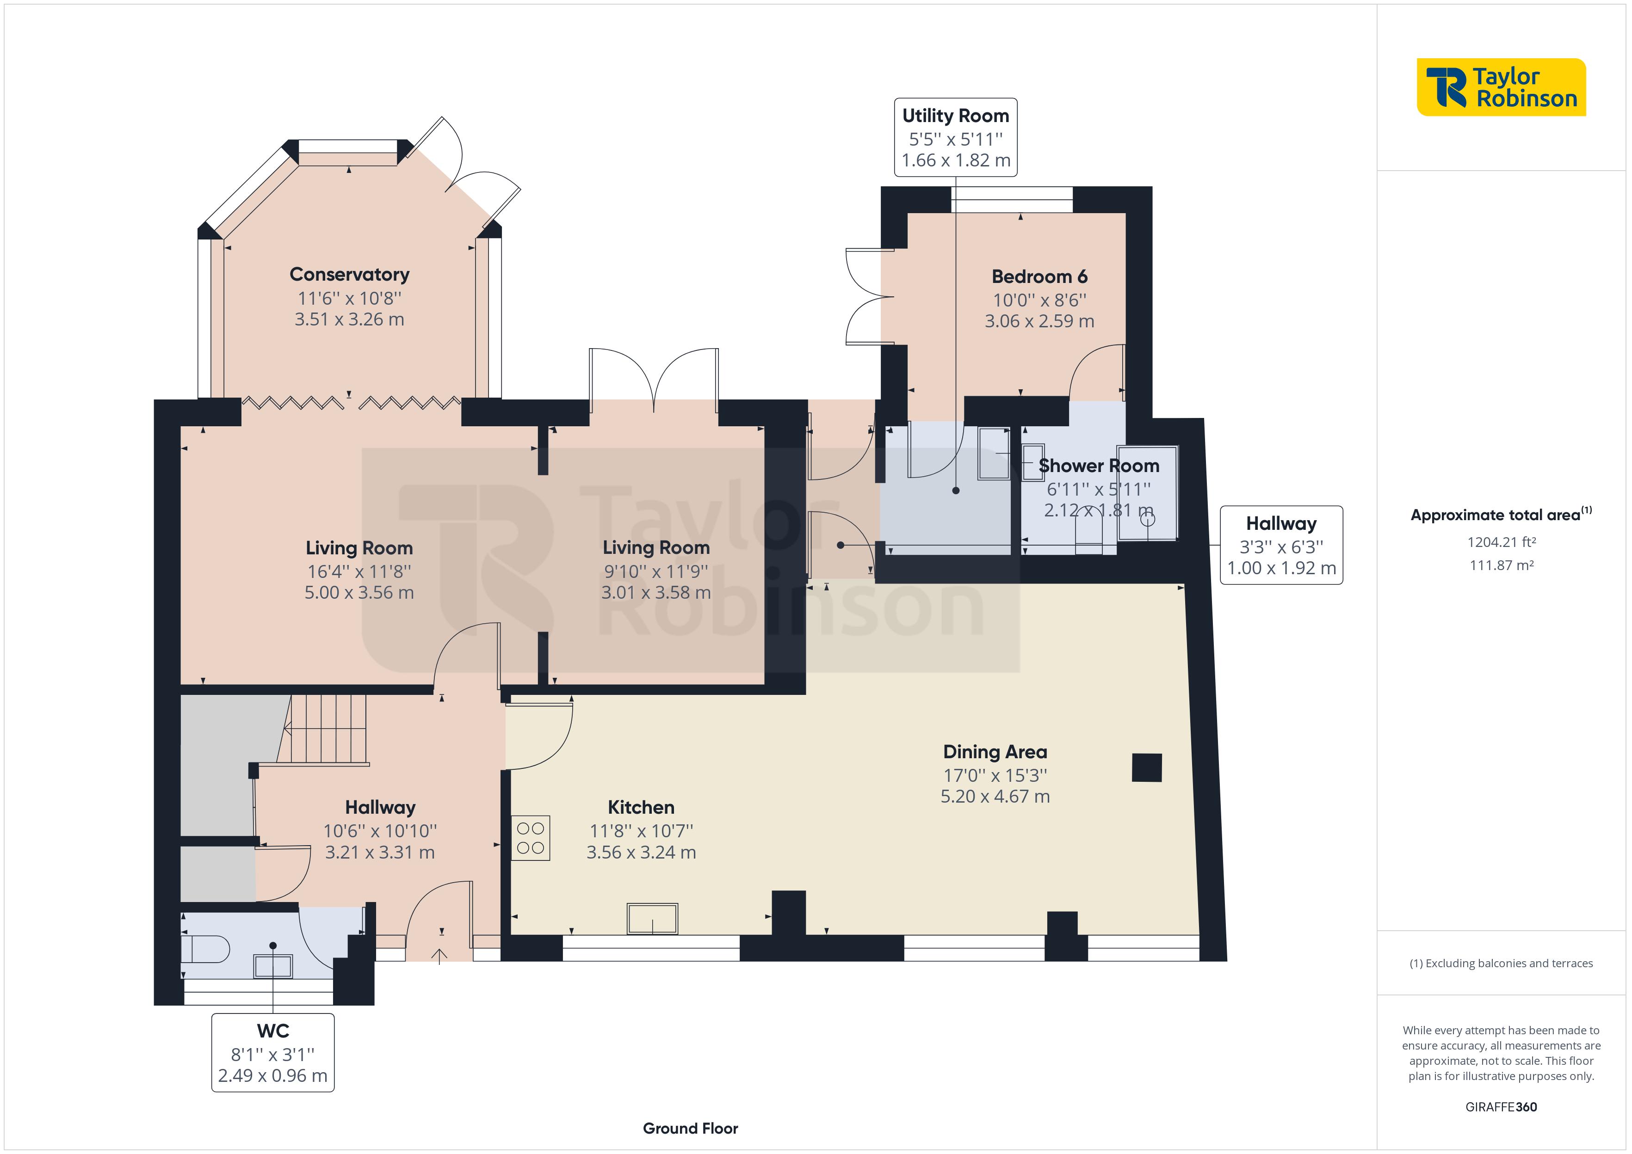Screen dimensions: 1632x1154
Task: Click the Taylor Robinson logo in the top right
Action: click(x=1501, y=87)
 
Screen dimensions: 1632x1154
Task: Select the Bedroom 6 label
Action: click(x=1039, y=276)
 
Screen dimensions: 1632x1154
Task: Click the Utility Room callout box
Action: click(x=955, y=137)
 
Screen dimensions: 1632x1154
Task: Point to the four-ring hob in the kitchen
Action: click(x=530, y=838)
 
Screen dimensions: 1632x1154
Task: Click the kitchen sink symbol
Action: click(x=652, y=919)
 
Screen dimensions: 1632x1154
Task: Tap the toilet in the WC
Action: click(x=205, y=949)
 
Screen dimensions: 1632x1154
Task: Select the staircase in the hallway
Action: click(x=323, y=729)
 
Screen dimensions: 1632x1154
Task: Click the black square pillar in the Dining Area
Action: click(x=1147, y=767)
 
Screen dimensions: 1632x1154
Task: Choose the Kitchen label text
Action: click(x=641, y=807)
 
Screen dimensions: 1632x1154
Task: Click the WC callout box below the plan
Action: click(x=273, y=1052)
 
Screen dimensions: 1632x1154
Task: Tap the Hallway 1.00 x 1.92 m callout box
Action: click(x=1281, y=545)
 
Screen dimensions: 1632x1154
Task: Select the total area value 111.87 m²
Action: click(x=1501, y=565)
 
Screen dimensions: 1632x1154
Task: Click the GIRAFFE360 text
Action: click(x=1501, y=1107)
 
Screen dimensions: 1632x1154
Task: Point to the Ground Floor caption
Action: click(x=690, y=1129)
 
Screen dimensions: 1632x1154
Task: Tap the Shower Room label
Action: click(x=1099, y=466)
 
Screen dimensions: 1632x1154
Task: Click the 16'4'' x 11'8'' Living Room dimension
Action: click(x=359, y=571)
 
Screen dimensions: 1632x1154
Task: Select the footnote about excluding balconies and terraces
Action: click(x=1501, y=964)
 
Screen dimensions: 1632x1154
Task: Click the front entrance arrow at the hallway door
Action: click(x=440, y=957)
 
